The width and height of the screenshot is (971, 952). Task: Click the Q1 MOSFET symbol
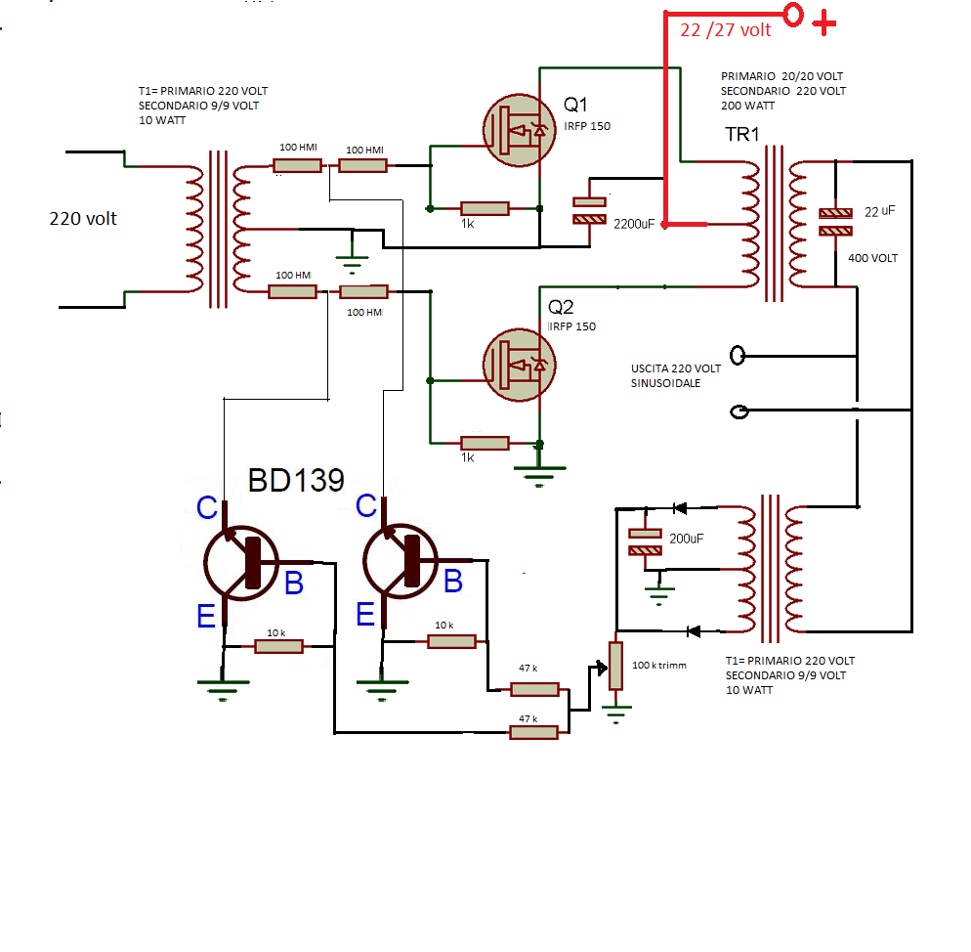[520, 130]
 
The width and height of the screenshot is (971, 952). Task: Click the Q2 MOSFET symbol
[520, 365]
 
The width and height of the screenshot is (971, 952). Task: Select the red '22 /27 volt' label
[725, 30]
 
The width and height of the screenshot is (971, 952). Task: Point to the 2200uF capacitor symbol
[590, 208]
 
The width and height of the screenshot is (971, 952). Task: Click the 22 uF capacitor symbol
[835, 222]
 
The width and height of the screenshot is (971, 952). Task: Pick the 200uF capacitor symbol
[646, 542]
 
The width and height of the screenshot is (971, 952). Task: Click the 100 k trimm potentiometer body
[615, 666]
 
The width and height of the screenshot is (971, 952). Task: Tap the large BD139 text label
[296, 480]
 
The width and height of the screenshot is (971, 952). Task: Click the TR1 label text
[741, 134]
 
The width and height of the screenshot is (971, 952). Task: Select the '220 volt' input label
[83, 219]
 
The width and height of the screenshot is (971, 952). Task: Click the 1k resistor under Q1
[485, 208]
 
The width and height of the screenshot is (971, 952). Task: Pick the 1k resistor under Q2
[485, 443]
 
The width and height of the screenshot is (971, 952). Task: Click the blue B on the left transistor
[293, 584]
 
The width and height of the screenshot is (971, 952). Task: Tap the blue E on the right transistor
[365, 613]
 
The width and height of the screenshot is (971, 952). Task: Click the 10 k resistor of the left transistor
[278, 646]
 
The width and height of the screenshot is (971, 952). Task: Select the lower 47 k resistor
[533, 731]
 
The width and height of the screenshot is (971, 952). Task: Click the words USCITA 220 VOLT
[676, 368]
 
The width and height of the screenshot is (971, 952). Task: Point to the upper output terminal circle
[739, 355]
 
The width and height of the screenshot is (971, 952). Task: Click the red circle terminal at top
[793, 15]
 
